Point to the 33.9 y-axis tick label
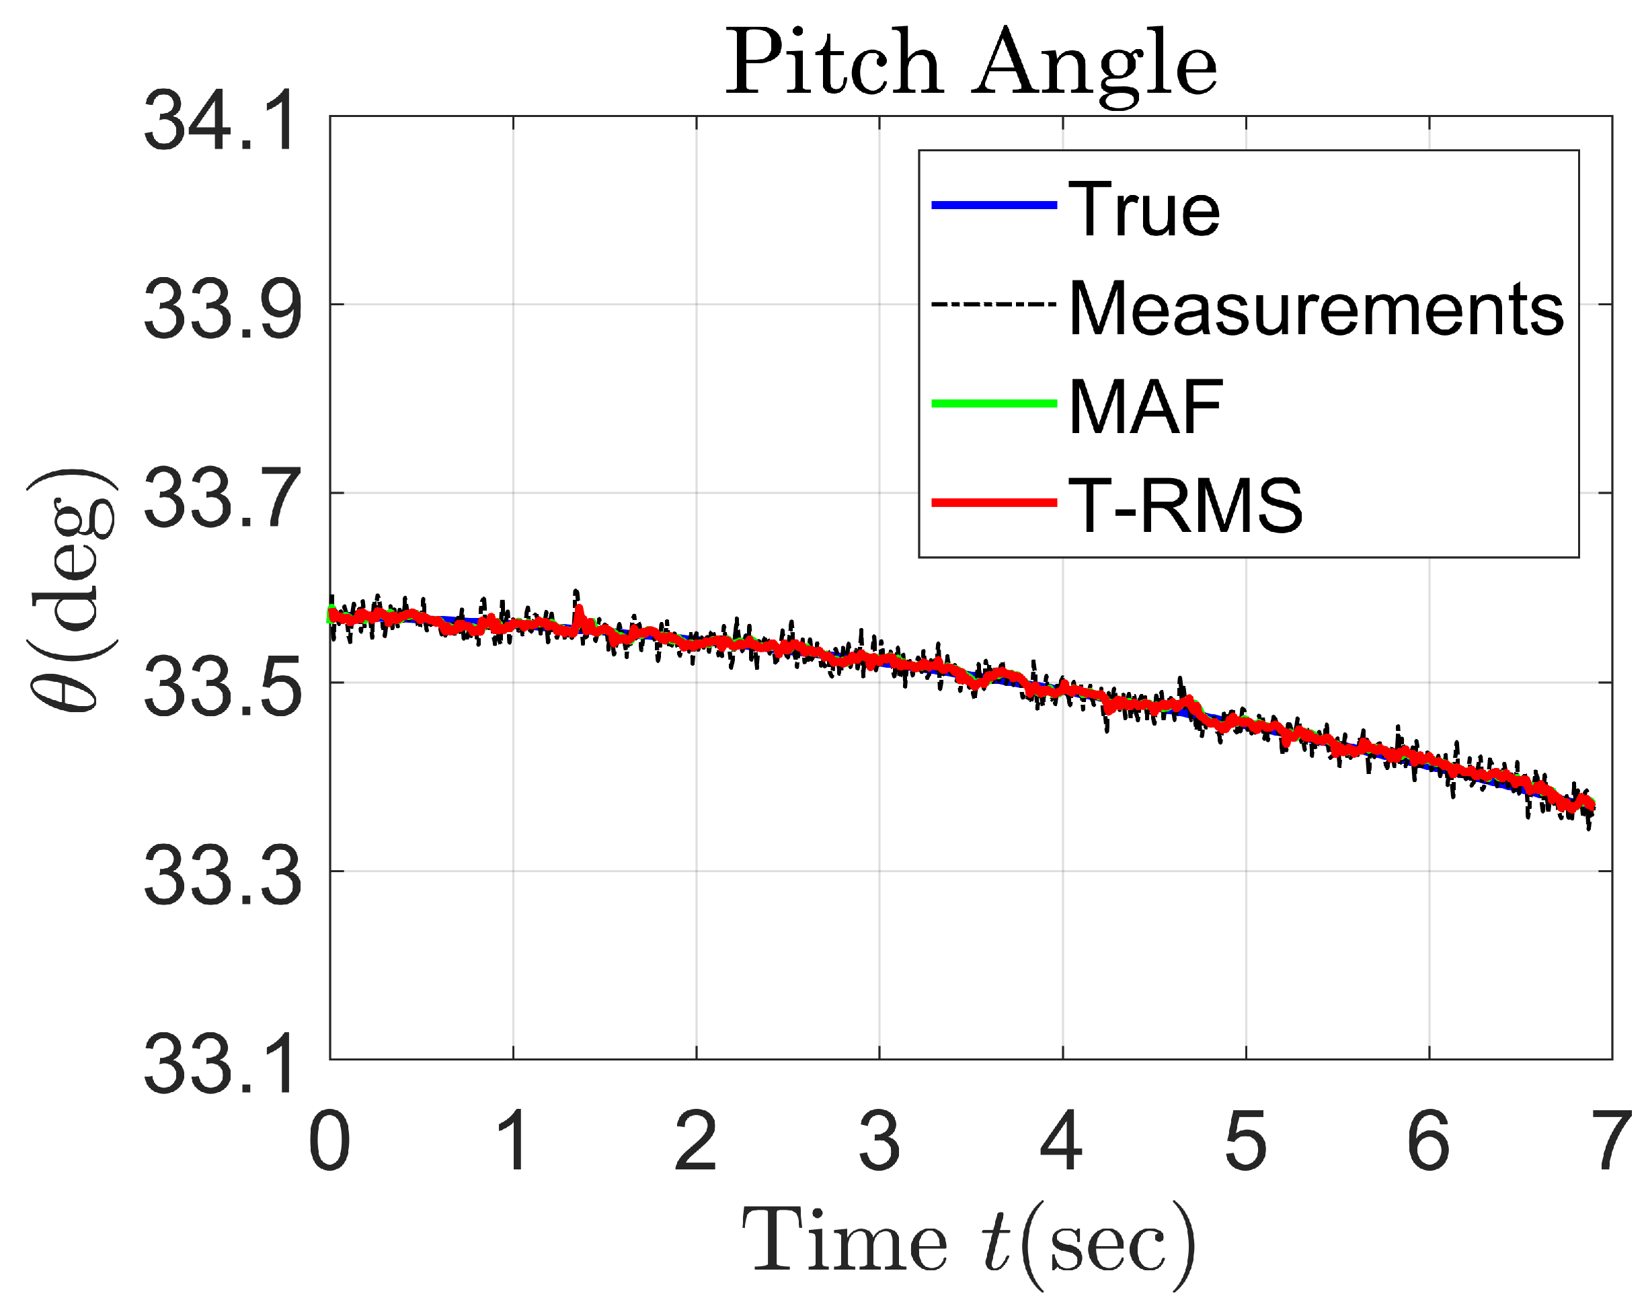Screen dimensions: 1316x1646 [222, 309]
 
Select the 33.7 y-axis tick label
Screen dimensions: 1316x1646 [222, 498]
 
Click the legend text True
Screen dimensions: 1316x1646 [1144, 208]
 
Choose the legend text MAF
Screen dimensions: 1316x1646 [1146, 407]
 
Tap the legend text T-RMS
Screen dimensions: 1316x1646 [1185, 505]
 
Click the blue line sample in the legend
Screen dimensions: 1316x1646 [994, 204]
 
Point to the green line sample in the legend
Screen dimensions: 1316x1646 [994, 403]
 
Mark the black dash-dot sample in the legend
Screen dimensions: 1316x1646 [994, 305]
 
